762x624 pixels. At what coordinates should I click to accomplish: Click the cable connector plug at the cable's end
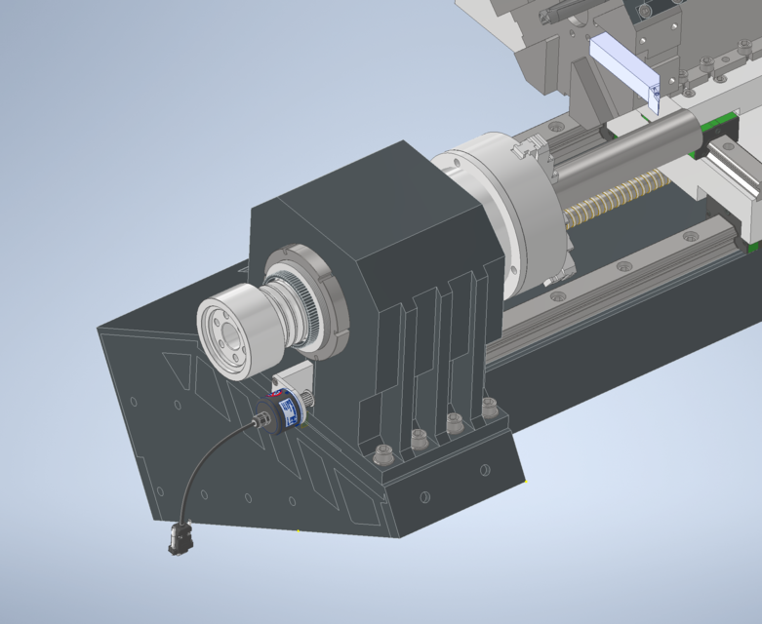pyautogui.click(x=179, y=538)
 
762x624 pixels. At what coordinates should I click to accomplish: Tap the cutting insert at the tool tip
pyautogui.click(x=656, y=96)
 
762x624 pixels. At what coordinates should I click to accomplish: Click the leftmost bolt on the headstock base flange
pyautogui.click(x=382, y=453)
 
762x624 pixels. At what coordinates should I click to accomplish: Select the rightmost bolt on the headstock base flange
pyautogui.click(x=488, y=409)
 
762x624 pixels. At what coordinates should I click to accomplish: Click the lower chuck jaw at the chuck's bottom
pyautogui.click(x=555, y=282)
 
